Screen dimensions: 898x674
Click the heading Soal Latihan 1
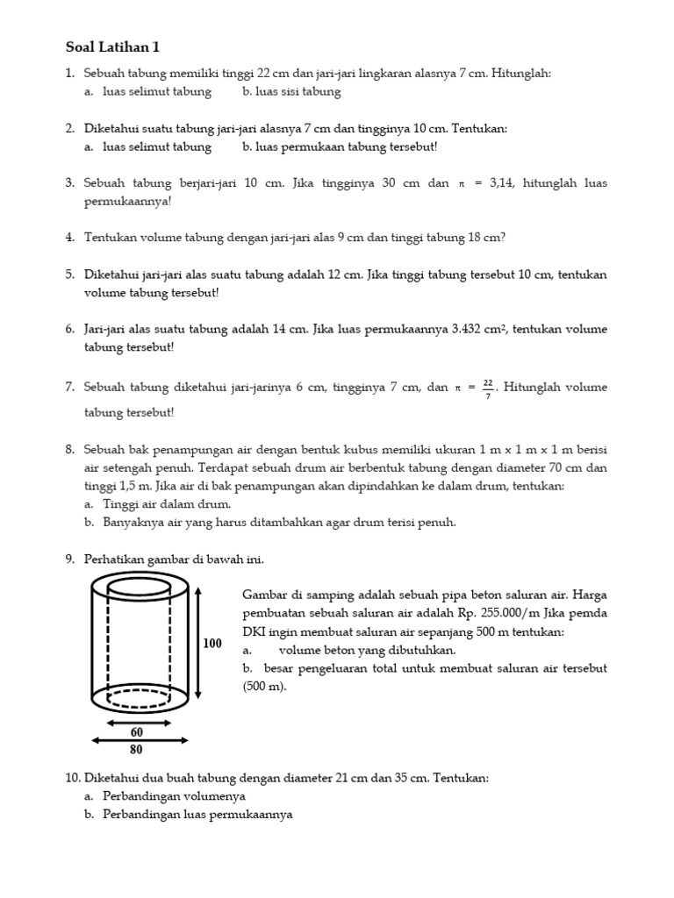pos(113,46)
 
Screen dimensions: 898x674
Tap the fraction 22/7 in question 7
pos(488,387)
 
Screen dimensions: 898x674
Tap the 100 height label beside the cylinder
pos(213,644)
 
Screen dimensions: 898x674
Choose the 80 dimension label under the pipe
pos(137,750)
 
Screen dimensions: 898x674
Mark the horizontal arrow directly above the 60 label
pos(138,723)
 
